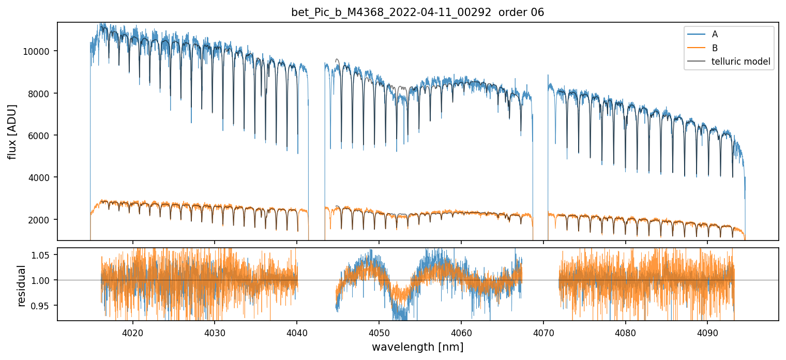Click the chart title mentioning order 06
coord(417,12)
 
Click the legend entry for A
coord(715,34)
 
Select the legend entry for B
coord(715,48)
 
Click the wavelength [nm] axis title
coord(417,347)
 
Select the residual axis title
coord(22,286)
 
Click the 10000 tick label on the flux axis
coord(38,51)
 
